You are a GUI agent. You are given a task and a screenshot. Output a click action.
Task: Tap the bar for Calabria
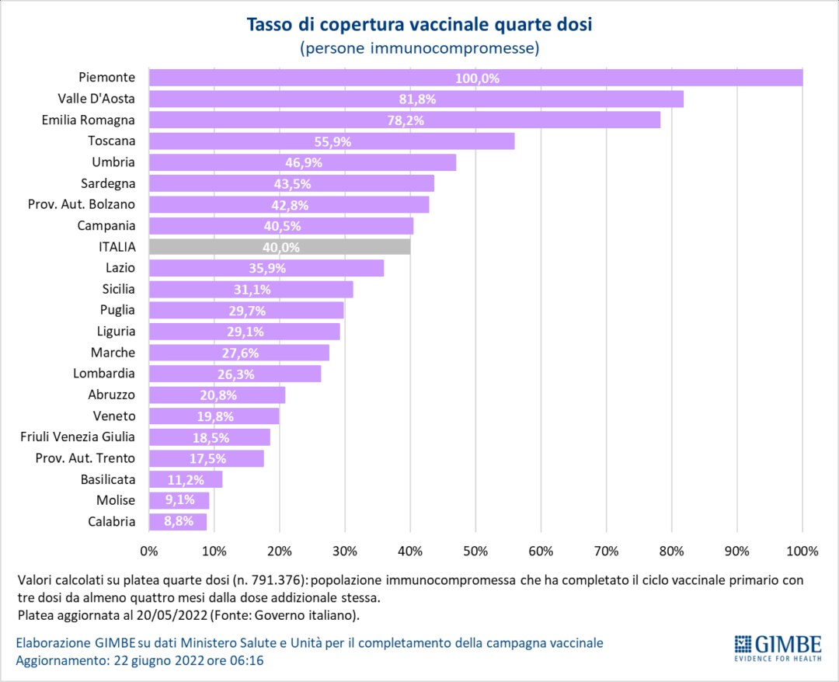coord(177,521)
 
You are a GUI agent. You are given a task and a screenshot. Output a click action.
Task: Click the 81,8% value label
coord(416,99)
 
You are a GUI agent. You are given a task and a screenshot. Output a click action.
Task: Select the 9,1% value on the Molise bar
coord(179,500)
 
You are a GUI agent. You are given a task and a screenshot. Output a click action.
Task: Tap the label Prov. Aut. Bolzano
coord(85,204)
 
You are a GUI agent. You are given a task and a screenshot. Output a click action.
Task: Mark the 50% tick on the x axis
coord(475,552)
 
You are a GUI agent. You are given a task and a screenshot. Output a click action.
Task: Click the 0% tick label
coord(149,552)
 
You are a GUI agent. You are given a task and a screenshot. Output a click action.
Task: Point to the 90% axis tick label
coord(736,552)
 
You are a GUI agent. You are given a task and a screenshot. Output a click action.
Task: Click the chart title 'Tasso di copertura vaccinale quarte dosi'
coord(419,25)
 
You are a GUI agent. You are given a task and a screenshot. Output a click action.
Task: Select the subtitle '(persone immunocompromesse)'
coord(419,49)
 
